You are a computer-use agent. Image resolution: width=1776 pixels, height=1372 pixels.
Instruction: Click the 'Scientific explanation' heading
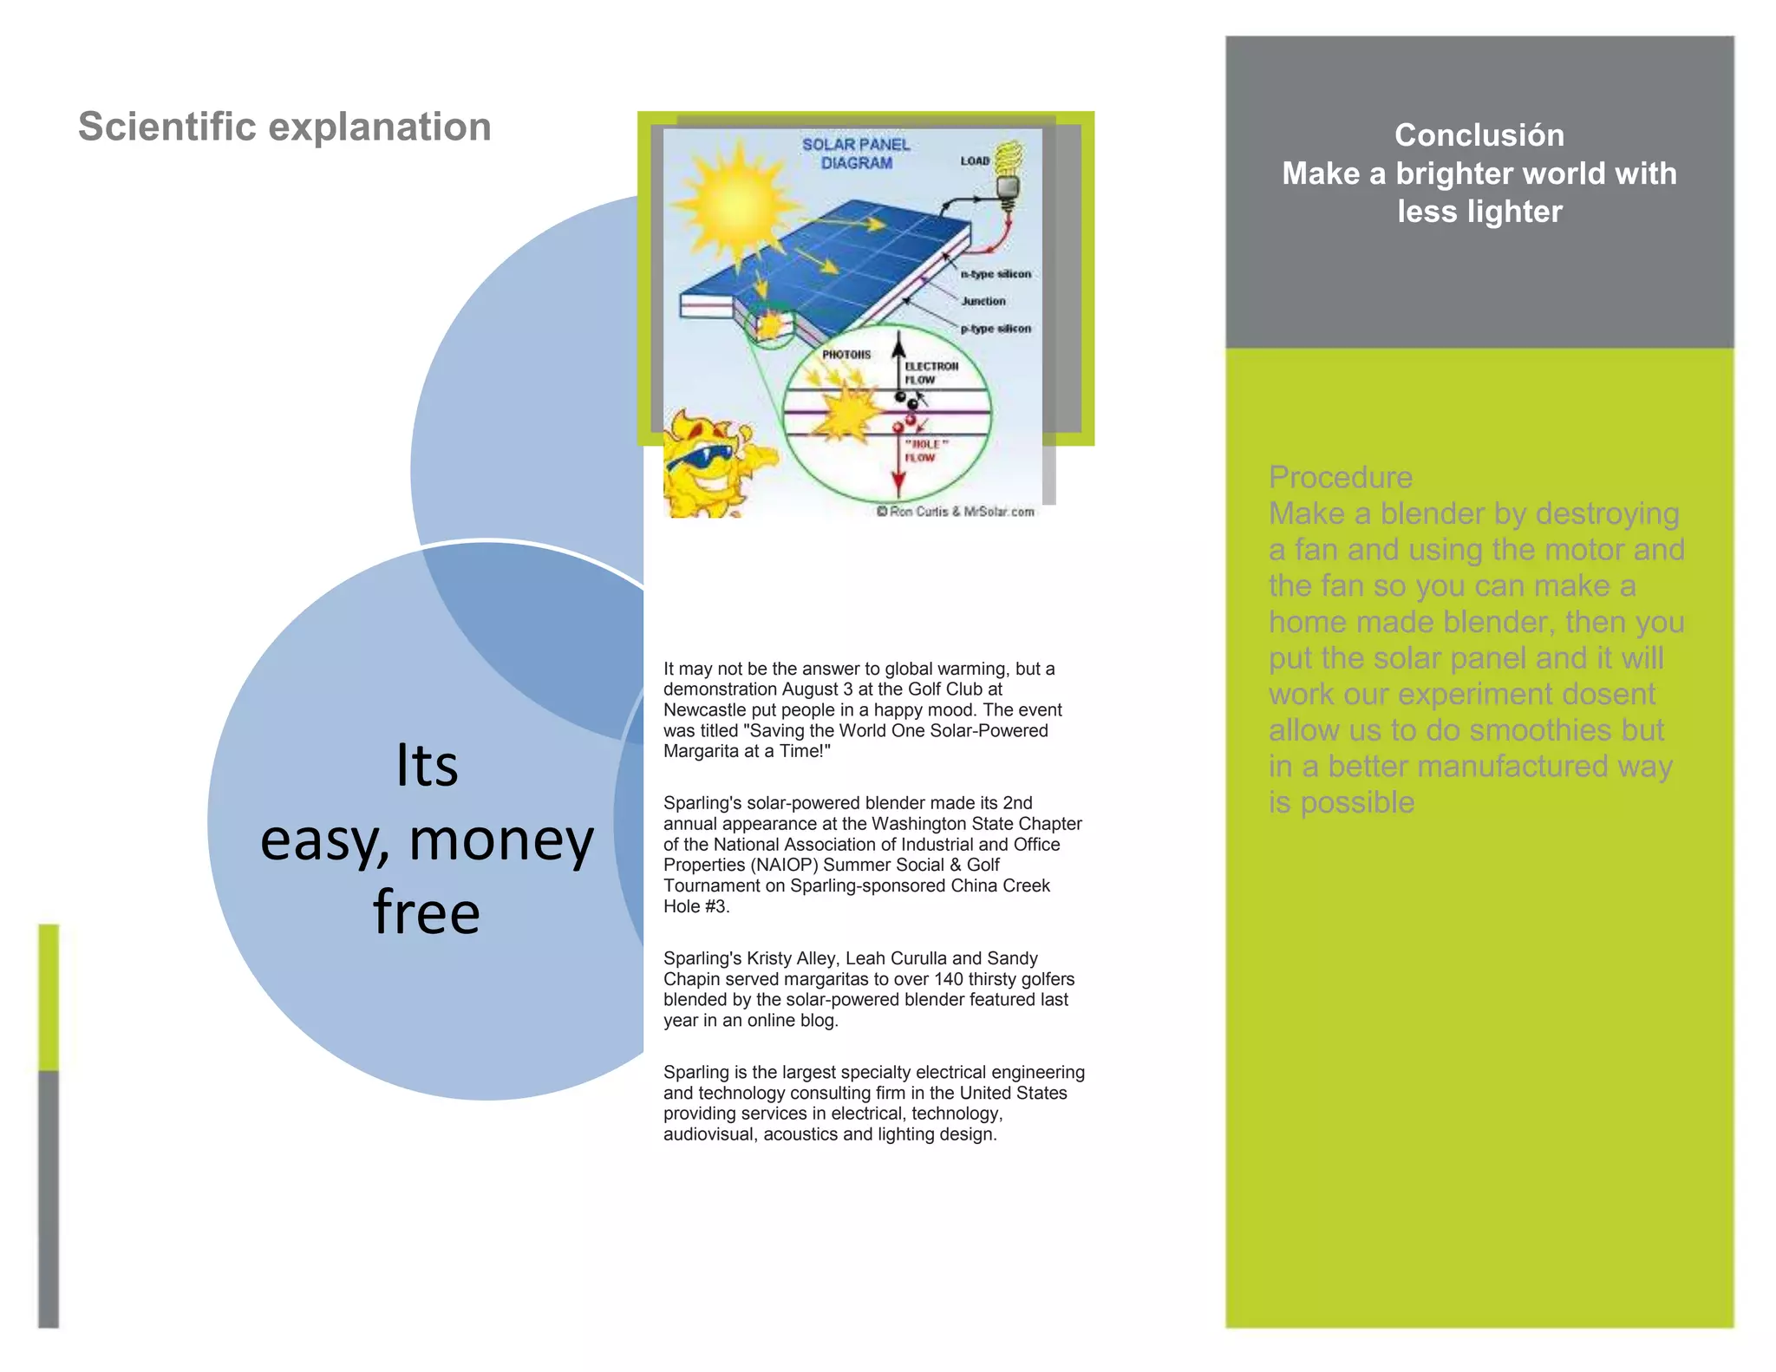pyautogui.click(x=284, y=127)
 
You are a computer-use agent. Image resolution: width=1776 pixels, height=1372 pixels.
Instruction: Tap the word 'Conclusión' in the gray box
pyautogui.click(x=1479, y=135)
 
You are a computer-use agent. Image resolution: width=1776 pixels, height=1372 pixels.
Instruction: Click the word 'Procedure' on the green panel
pyautogui.click(x=1340, y=477)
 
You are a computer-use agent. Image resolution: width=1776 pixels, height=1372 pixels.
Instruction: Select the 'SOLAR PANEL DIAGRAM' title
pyautogui.click(x=855, y=154)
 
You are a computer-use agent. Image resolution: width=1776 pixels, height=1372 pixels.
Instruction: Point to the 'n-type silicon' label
pyautogui.click(x=996, y=274)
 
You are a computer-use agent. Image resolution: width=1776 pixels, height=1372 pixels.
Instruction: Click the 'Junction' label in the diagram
pyautogui.click(x=983, y=301)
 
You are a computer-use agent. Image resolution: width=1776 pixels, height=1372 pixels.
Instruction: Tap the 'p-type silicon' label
pyautogui.click(x=996, y=329)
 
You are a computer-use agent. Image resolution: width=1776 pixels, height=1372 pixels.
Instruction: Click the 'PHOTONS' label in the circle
pyautogui.click(x=846, y=355)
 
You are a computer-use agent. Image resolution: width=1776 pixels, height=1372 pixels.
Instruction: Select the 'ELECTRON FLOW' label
pyautogui.click(x=930, y=373)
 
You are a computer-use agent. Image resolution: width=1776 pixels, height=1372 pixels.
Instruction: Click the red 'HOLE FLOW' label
pyautogui.click(x=925, y=450)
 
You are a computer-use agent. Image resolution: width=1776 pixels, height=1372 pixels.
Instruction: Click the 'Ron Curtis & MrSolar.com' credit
pyautogui.click(x=956, y=512)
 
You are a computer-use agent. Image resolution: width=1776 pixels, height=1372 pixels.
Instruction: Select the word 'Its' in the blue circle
pyautogui.click(x=426, y=765)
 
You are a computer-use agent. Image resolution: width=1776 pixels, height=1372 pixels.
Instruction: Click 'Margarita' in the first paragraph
pyautogui.click(x=702, y=751)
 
